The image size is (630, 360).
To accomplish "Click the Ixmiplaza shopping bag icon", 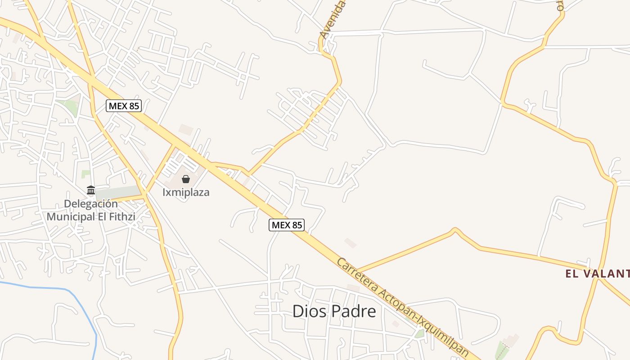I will [x=186, y=179].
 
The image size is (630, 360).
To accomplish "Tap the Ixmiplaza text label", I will [x=186, y=193].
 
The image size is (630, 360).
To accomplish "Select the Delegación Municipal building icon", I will [x=91, y=190].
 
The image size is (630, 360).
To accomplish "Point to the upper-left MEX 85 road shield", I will [x=124, y=106].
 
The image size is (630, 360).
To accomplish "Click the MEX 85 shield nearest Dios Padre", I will [x=287, y=225].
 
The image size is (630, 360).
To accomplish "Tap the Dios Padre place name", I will [x=334, y=311].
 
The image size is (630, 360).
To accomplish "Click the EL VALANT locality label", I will [x=597, y=273].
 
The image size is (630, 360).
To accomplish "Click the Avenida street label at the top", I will [x=333, y=20].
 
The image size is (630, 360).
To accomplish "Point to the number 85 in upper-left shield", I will [x=133, y=106].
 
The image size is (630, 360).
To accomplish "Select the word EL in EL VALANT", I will [x=571, y=273].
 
